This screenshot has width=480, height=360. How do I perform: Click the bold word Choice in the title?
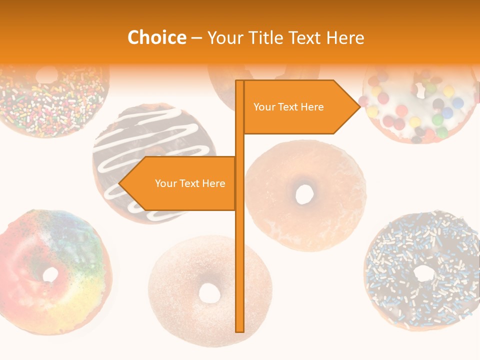click(156, 38)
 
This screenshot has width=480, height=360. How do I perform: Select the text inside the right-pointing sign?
click(288, 107)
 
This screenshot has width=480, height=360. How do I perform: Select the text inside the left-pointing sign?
click(190, 183)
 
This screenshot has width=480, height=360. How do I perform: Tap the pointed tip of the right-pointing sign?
click(359, 106)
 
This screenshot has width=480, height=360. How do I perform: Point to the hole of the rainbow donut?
click(50, 274)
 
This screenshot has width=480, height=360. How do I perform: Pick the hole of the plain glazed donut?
click(304, 193)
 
